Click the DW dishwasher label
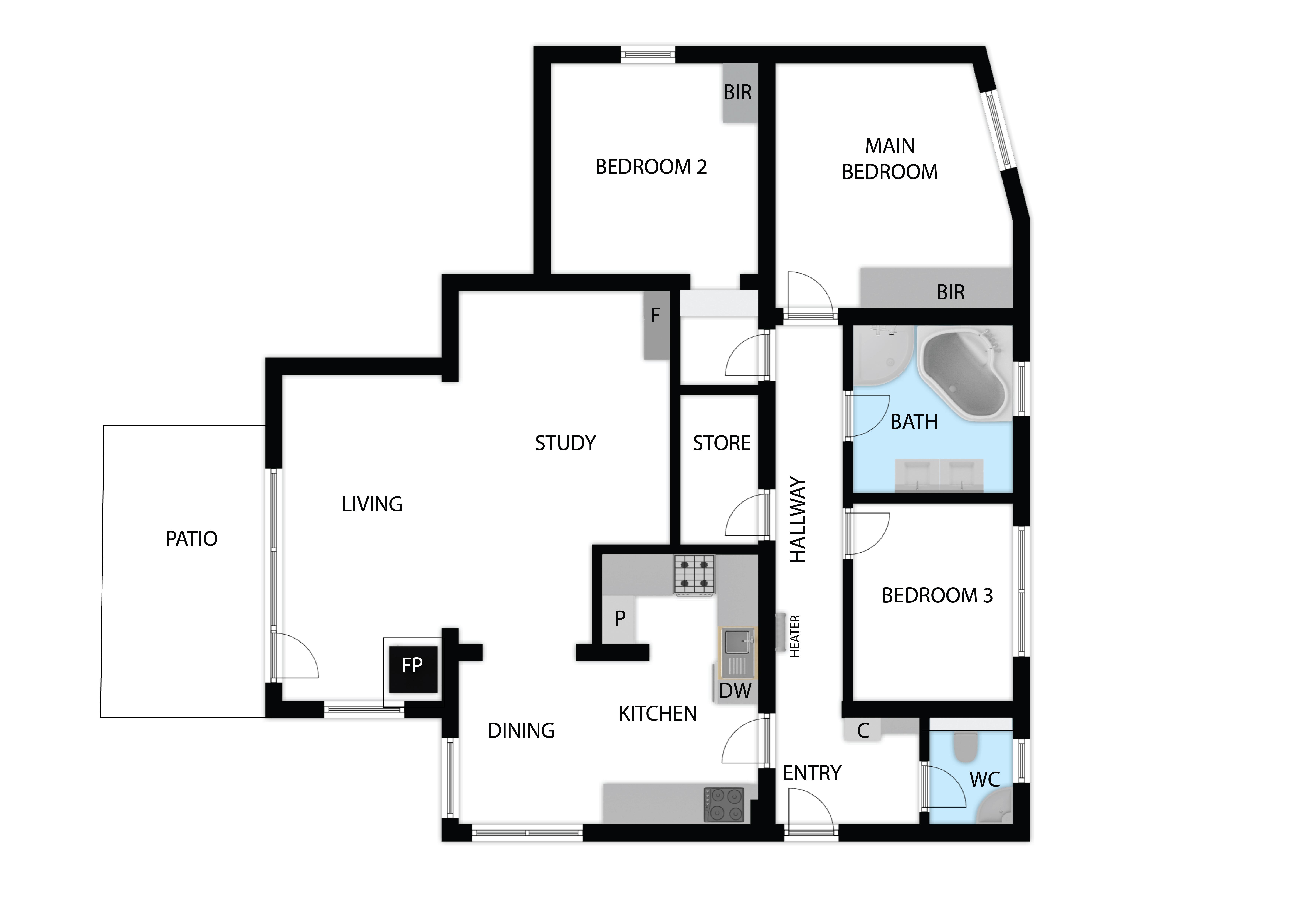click(x=735, y=690)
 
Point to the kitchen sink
click(x=738, y=652)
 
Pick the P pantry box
click(x=620, y=619)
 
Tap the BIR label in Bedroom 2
click(x=738, y=92)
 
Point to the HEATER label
click(x=795, y=636)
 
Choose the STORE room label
click(x=722, y=443)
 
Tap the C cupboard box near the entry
click(x=862, y=730)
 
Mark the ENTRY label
click(x=812, y=773)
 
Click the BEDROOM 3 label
click(x=937, y=596)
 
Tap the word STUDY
click(x=565, y=443)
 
